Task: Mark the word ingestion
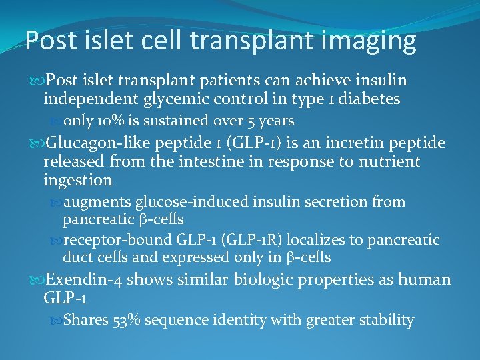click(x=77, y=180)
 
